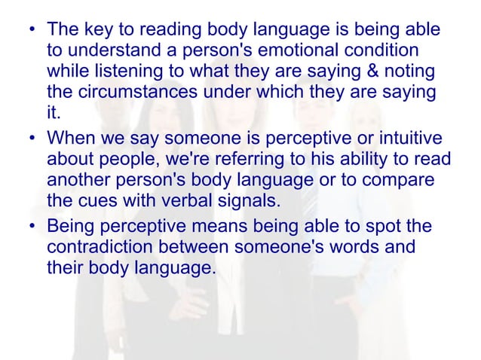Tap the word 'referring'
click(252, 160)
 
